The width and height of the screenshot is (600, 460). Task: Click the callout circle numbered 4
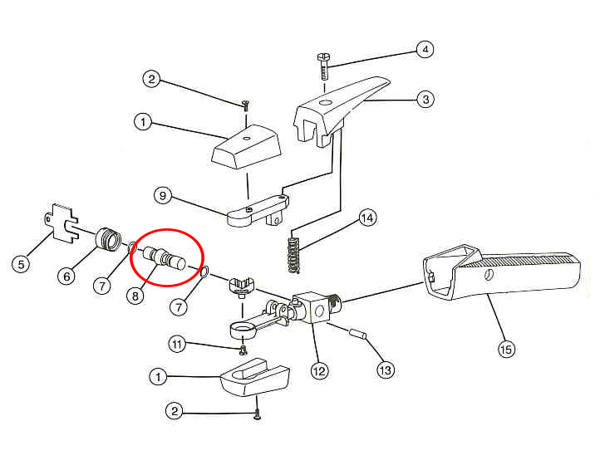425,49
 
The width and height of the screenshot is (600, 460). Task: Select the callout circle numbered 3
425,100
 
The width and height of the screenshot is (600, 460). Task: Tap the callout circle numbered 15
506,349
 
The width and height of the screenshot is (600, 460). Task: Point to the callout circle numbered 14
368,218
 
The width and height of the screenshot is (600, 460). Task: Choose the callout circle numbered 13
386,369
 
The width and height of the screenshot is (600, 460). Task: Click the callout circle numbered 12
319,370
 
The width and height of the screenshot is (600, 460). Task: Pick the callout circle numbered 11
177,344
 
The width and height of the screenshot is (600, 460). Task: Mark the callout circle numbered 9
163,196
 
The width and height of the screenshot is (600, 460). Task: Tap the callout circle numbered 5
21,264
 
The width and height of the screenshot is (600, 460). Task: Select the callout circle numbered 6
67,276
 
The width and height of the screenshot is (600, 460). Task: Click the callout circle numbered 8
135,296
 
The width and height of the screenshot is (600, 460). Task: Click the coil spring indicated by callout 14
293,255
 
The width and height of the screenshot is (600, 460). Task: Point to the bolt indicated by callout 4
324,66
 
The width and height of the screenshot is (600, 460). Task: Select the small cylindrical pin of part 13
358,334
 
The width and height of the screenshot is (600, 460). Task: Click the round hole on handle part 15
489,275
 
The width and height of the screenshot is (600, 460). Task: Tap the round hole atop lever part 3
326,103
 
